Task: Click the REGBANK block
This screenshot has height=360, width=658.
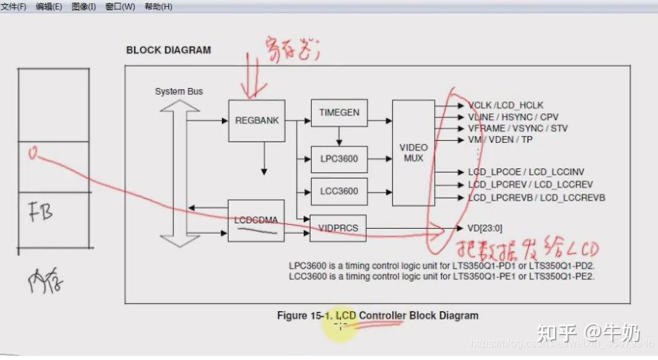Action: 256,120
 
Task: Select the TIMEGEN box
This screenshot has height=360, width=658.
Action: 339,113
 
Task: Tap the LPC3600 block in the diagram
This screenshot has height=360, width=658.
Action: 339,159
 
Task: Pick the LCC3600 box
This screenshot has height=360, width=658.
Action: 339,191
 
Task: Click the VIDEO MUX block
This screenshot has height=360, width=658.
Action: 413,153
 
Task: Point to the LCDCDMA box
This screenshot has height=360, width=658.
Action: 256,221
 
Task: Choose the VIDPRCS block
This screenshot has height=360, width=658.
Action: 339,227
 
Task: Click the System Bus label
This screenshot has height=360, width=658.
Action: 179,91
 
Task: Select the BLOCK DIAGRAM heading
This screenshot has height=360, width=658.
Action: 168,50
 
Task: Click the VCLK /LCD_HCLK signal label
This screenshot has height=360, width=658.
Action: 506,105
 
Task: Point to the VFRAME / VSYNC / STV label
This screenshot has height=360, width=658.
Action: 518,128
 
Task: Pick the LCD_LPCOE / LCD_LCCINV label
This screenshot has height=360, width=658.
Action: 526,172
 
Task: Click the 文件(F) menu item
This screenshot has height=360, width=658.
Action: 14,6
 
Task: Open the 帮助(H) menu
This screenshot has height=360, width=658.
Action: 158,6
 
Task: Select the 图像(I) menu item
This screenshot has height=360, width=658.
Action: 83,6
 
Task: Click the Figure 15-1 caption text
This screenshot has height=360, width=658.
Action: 377,315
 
